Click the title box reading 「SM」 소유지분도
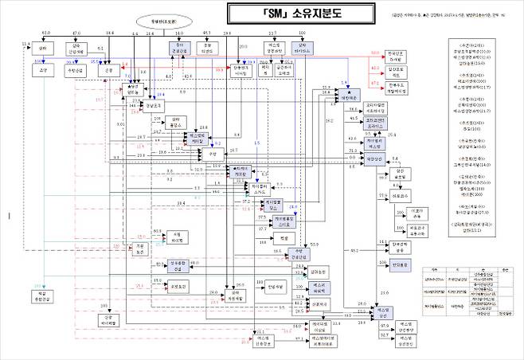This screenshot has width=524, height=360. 262,13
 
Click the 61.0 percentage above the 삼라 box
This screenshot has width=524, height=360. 45,33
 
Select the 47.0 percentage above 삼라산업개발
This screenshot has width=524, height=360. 76,33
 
